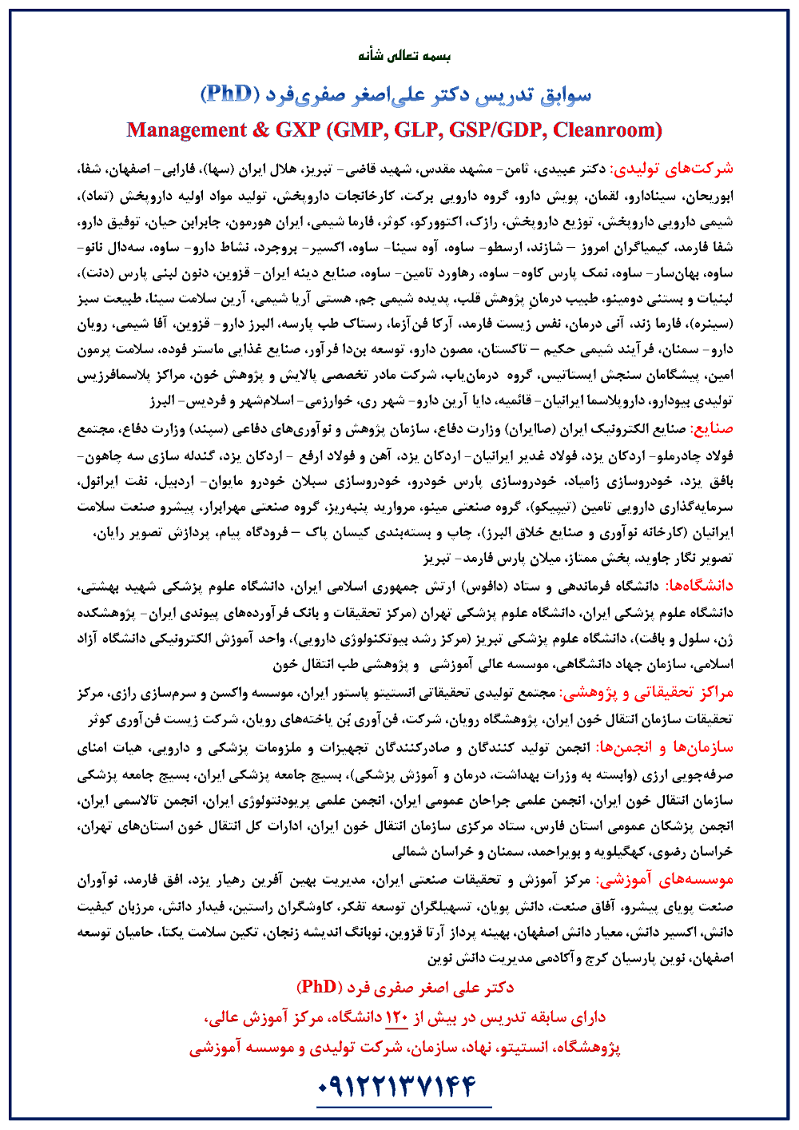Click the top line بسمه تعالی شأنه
pyautogui.click(x=404, y=56)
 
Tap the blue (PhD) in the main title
pyautogui.click(x=230, y=94)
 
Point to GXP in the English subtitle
pyautogui.click(x=297, y=129)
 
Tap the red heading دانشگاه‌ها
pyautogui.click(x=699, y=587)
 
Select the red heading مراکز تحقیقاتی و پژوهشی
pyautogui.click(x=645, y=692)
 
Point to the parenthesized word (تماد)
pyautogui.click(x=100, y=196)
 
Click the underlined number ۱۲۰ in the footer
pyautogui.click(x=397, y=1017)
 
